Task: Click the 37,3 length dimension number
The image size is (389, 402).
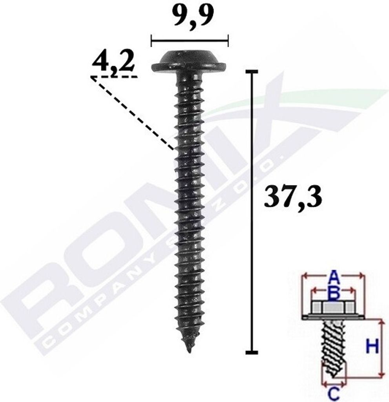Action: coord(293,197)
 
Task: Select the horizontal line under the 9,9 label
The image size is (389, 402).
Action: coord(189,40)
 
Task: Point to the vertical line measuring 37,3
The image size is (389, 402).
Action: coord(251,212)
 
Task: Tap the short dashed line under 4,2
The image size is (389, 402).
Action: coord(114,77)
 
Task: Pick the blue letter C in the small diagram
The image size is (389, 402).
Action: coord(334,393)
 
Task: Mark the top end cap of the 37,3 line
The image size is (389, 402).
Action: coord(251,71)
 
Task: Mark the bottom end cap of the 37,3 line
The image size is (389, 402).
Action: coord(251,352)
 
